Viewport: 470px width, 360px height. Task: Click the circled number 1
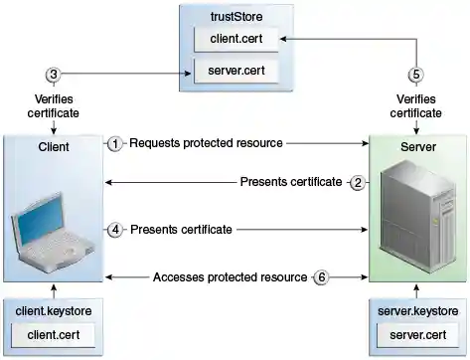coord(115,143)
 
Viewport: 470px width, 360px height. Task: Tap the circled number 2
coord(360,182)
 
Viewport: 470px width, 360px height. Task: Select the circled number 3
coord(55,75)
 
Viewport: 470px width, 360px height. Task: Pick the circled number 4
coord(115,230)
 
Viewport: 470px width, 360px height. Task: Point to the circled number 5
coord(417,75)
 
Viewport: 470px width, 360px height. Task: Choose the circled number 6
coord(321,276)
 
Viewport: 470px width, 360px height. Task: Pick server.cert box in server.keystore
coord(417,334)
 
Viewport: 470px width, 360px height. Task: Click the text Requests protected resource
coord(206,143)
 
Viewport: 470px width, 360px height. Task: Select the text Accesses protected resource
coord(230,276)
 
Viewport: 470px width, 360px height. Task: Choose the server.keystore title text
coord(417,311)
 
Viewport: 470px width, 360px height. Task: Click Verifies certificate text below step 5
coord(417,106)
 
